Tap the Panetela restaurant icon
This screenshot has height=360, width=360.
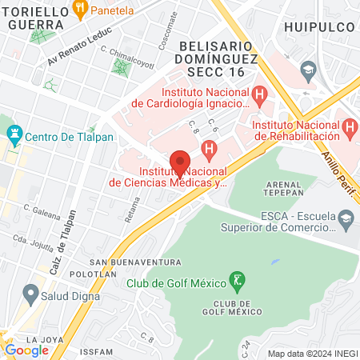click(79, 10)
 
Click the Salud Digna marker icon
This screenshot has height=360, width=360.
click(30, 295)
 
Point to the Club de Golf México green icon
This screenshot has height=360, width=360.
click(237, 281)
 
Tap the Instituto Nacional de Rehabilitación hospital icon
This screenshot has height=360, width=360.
click(348, 128)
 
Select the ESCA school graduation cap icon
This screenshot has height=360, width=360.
click(346, 218)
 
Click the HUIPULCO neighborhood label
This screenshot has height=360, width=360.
click(318, 24)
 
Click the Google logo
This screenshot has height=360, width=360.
click(27, 350)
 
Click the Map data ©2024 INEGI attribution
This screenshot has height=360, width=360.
click(311, 353)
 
